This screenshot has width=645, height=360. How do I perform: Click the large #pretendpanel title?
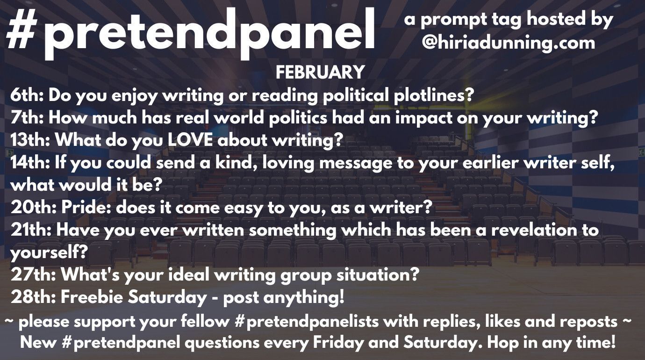(x=191, y=33)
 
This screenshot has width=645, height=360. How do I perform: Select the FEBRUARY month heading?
(x=320, y=72)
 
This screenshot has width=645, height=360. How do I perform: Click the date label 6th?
(x=27, y=95)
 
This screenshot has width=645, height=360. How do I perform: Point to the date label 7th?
(x=27, y=118)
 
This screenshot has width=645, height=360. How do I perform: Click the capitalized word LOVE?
(x=190, y=140)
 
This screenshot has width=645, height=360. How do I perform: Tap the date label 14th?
(x=30, y=163)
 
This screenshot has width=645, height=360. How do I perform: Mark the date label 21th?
(x=31, y=230)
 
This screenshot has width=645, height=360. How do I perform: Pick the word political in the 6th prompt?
(x=356, y=95)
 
